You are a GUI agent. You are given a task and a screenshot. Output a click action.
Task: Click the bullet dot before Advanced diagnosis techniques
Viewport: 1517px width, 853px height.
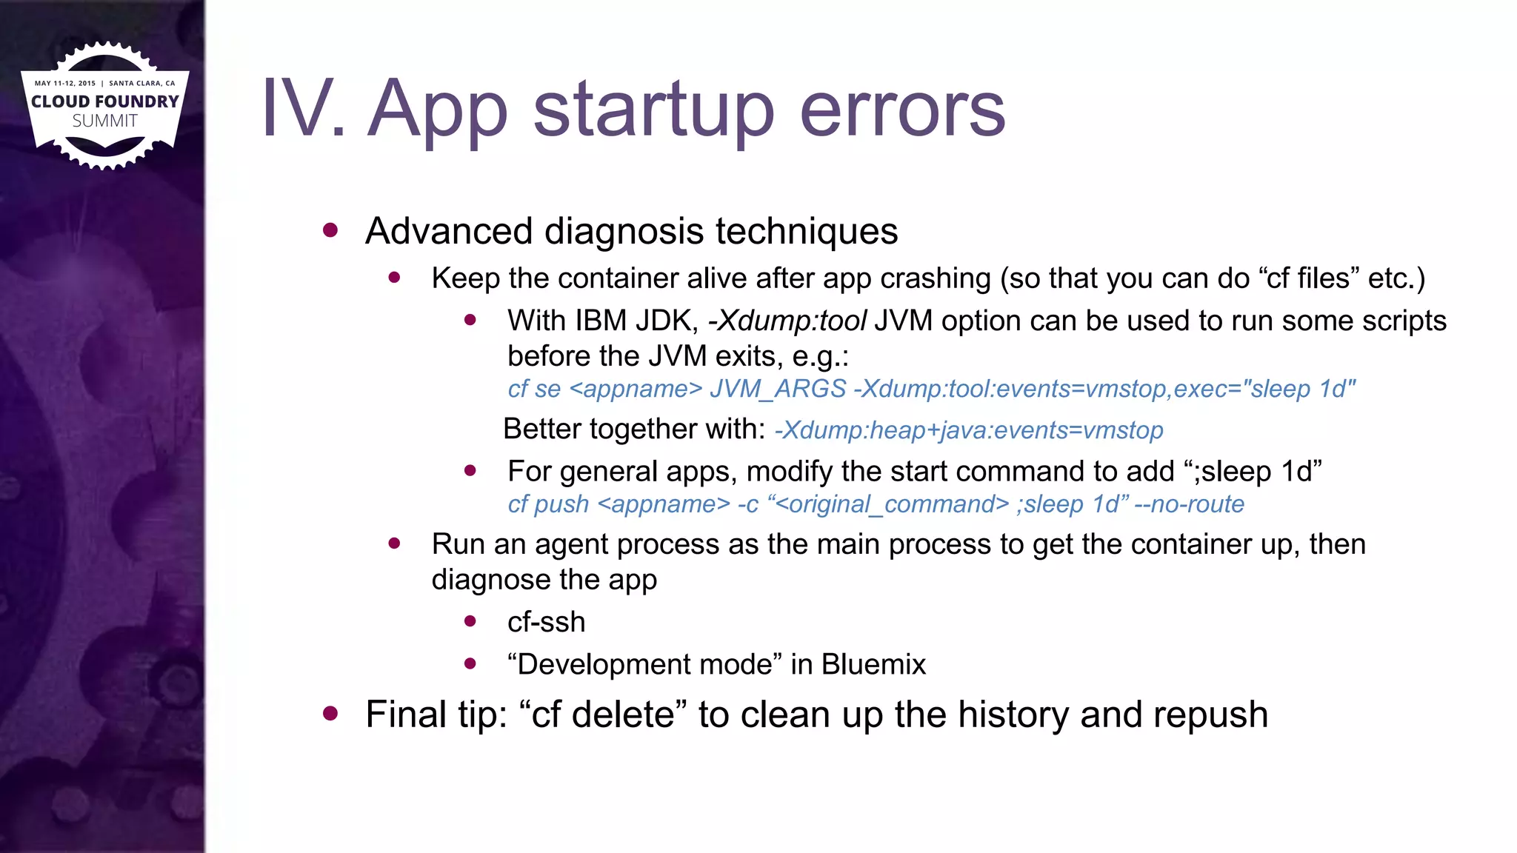[x=330, y=230]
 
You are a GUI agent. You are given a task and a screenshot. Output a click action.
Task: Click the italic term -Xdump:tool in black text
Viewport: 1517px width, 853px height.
[x=787, y=321]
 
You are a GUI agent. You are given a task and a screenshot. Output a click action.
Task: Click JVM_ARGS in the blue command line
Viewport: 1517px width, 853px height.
[x=778, y=389]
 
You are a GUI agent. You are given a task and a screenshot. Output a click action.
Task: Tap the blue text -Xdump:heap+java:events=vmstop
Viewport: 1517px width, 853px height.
[x=969, y=430]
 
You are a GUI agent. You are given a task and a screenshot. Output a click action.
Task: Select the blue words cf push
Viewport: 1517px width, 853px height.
[x=548, y=504]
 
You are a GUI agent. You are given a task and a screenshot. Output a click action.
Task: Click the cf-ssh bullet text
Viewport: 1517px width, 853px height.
[x=546, y=622]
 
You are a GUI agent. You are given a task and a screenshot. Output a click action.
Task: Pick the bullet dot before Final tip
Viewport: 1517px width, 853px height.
[x=330, y=714]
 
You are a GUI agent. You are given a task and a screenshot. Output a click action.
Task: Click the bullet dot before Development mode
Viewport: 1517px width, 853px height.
[x=470, y=663]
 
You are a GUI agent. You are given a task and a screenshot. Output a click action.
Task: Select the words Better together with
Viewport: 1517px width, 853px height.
[x=634, y=429]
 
